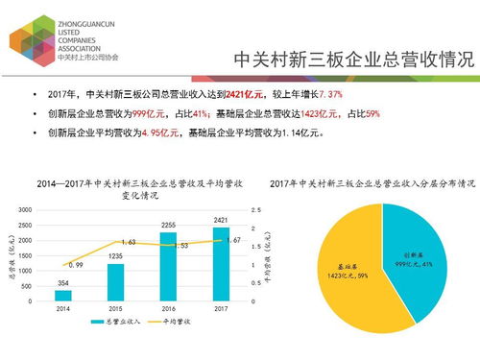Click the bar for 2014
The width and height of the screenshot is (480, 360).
pyautogui.click(x=63, y=295)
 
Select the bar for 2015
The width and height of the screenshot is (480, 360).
pyautogui.click(x=114, y=282)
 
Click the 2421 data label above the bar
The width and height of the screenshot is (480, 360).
pyautogui.click(x=220, y=220)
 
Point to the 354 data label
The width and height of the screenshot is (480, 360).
pyautogui.click(x=63, y=282)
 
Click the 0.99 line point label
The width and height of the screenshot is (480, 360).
pyautogui.click(x=74, y=252)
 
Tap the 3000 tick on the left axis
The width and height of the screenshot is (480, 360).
pyautogui.click(x=26, y=209)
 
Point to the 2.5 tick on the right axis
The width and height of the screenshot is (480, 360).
pyautogui.click(x=254, y=209)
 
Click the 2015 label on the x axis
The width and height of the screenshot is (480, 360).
pyautogui.click(x=114, y=309)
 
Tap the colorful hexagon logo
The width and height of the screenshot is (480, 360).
pyautogui.click(x=30, y=38)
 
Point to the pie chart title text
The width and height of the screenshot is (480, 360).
pyautogui.click(x=372, y=182)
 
